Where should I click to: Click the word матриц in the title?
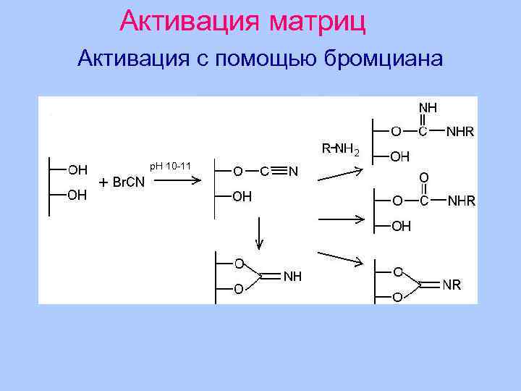[x=318, y=22]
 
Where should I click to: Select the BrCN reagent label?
[x=129, y=182]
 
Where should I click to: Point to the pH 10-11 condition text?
[x=170, y=167]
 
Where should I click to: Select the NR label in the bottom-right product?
[x=452, y=285]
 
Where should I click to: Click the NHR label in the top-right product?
[x=460, y=133]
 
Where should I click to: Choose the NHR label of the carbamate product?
[x=461, y=201]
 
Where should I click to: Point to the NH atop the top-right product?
[x=428, y=107]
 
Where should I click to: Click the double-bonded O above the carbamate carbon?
[x=423, y=177]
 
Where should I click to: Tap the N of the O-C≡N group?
[x=293, y=172]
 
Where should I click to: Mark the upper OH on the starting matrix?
[x=77, y=170]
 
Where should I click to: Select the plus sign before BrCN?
[x=103, y=182]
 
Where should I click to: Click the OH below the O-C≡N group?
[x=242, y=195]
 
